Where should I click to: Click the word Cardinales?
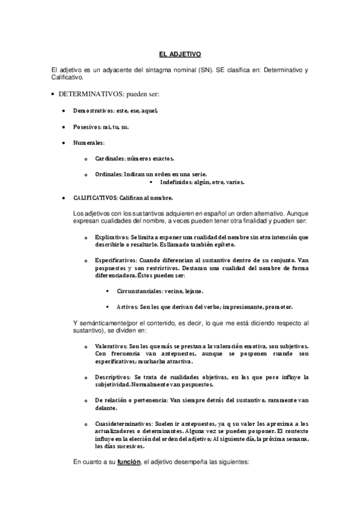[109, 158]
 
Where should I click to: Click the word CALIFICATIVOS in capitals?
[95, 197]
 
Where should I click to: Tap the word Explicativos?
[111, 238]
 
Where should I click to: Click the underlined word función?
[129, 462]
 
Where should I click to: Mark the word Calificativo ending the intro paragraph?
[68, 78]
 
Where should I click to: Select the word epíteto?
[223, 245]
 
